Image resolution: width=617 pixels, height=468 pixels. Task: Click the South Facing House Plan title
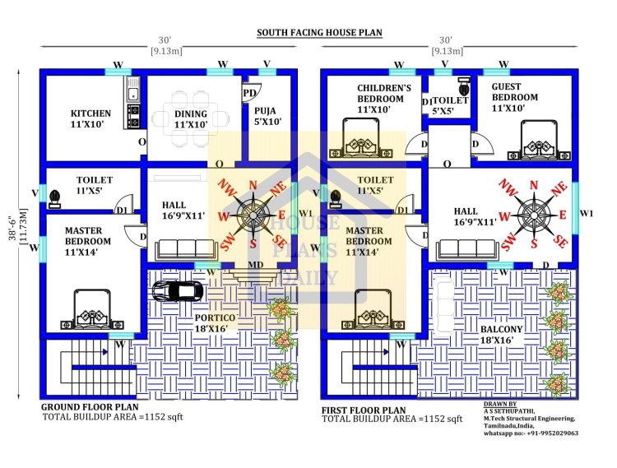319,33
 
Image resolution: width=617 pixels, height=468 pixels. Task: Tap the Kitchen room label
90,119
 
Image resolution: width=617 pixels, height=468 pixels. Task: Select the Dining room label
191,119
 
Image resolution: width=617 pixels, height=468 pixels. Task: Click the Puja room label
267,115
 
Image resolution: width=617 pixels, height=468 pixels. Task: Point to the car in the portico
178,290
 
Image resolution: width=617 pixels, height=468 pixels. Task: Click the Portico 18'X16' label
216,323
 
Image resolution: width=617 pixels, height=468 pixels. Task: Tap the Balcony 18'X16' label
501,335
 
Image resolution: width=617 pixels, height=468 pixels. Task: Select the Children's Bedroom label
383,98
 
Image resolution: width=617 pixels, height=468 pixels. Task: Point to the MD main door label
256,265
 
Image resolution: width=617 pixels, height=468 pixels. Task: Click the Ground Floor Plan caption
90,407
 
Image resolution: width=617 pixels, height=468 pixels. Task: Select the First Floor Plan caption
364,410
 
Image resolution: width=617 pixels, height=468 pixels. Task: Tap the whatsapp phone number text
530,433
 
